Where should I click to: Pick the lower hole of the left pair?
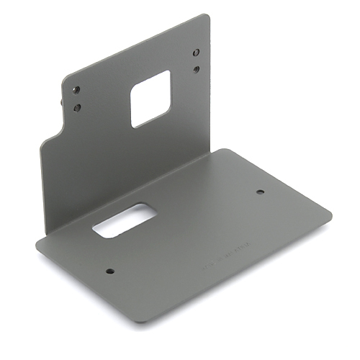coord(76,107)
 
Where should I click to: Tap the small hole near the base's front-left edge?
coord(110,271)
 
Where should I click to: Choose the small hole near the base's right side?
coord(260,192)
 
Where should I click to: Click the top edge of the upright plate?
coord(137,43)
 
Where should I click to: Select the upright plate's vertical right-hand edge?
coord(211,86)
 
